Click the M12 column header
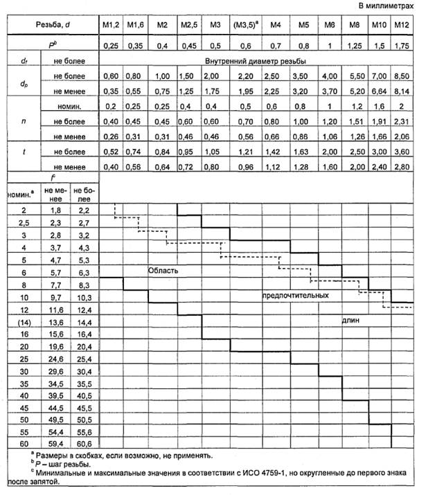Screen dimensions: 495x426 click(400, 25)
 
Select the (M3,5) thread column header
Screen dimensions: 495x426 click(245, 25)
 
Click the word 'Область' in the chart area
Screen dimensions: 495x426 click(164, 271)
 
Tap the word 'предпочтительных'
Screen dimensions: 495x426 click(295, 296)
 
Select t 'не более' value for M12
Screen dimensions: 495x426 click(400, 151)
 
